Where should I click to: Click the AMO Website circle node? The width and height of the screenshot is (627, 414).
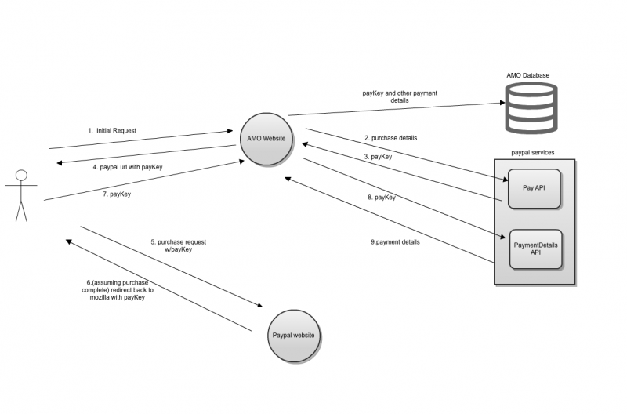click(266, 140)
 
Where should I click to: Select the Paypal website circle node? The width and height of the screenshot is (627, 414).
click(293, 336)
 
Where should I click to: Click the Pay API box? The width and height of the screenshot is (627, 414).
click(534, 188)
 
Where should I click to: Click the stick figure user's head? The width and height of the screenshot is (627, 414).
click(21, 175)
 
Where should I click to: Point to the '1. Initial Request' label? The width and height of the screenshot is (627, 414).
click(115, 130)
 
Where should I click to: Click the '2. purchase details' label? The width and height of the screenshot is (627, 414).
click(390, 138)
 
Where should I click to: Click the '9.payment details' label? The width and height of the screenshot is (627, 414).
click(395, 242)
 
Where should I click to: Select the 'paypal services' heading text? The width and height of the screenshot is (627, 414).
click(532, 152)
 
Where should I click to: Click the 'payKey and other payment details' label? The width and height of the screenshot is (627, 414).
click(400, 96)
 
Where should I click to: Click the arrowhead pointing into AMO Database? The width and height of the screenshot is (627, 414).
click(500, 103)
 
